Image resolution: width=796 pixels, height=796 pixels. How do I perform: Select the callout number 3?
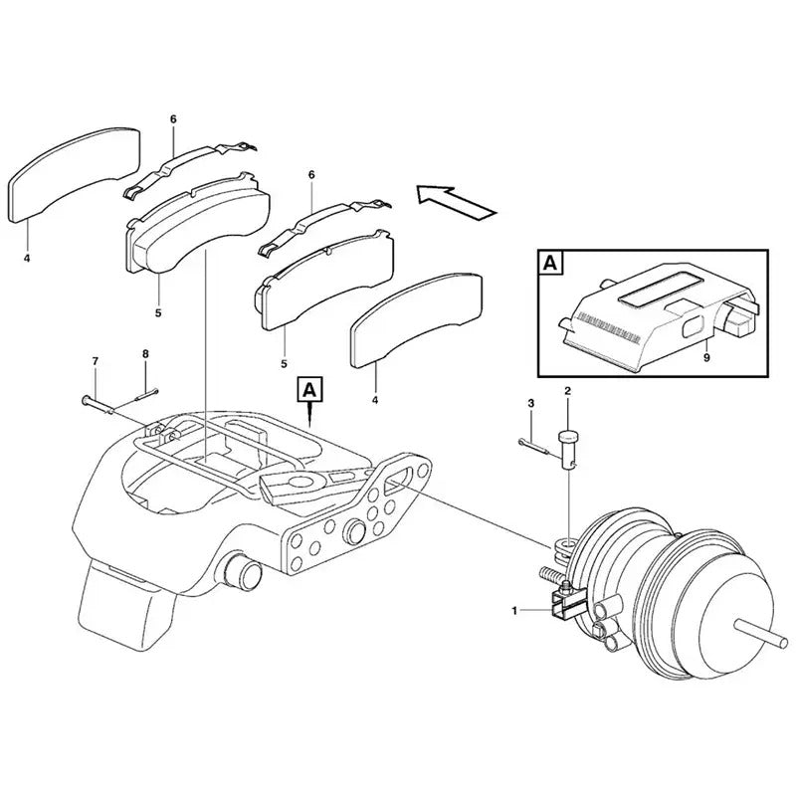point(530,402)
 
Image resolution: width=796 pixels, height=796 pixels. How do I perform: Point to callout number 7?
point(96,360)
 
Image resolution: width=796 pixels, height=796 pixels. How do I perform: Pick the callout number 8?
point(145,354)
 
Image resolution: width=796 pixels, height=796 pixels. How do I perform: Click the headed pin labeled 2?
point(569,442)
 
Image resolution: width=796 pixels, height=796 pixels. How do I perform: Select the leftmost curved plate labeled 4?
point(72,173)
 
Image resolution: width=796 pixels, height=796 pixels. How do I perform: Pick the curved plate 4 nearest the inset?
point(416,316)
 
